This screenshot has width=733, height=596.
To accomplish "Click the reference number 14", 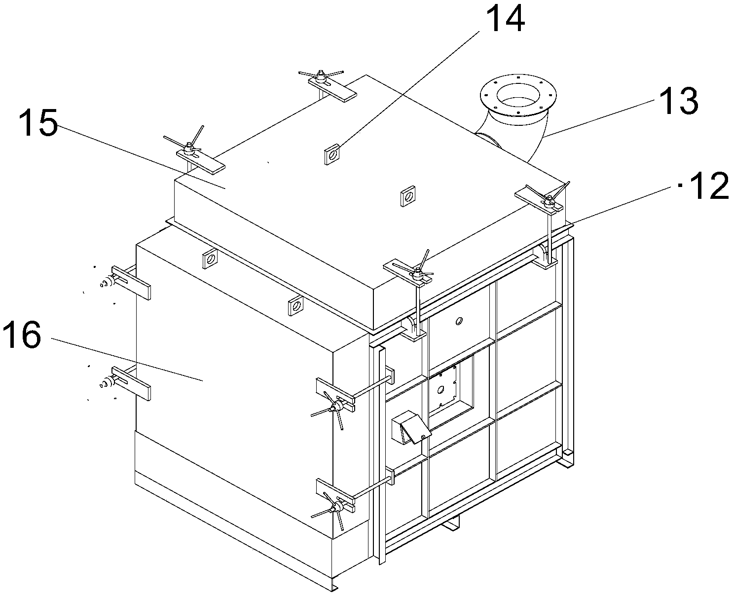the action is tap(506, 19).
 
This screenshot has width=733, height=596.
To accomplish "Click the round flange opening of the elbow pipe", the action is tap(518, 95).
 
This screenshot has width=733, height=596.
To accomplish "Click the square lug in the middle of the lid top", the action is tap(408, 196).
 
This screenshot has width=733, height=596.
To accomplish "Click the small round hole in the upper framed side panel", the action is tap(459, 321).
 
